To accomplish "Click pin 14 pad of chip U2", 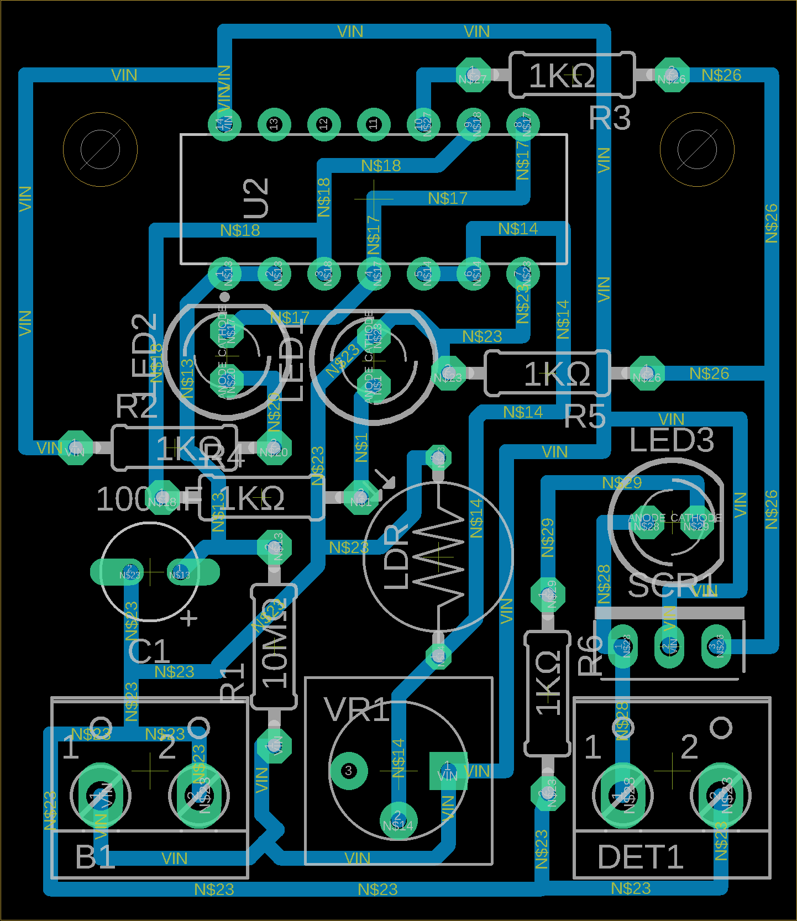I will [224, 124].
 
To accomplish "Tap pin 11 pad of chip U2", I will [374, 124].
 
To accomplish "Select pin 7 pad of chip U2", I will [523, 273].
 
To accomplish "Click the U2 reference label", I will [257, 198].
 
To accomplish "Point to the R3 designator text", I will [609, 118].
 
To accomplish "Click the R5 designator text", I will [585, 416].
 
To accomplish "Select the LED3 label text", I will [672, 440].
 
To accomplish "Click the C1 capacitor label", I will [149, 651].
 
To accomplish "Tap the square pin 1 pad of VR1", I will [448, 770].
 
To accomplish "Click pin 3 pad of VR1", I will [348, 770].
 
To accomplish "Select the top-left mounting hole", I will [100, 149].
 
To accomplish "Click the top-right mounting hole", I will [697, 149].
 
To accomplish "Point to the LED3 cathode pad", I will [696, 522].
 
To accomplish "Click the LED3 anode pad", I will [647, 522].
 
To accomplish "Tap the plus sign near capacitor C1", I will [190, 618].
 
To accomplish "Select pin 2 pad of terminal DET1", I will [721, 796].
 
